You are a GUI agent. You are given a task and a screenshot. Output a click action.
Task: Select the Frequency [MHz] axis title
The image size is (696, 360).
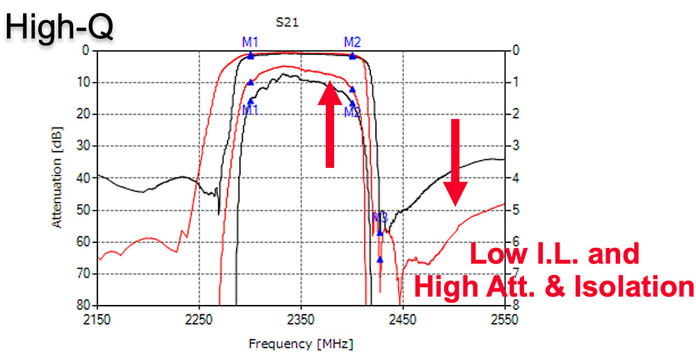pos(300,344)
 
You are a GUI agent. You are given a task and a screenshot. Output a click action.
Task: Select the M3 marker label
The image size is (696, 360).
pos(379,217)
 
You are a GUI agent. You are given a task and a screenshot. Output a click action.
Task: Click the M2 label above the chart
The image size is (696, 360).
pos(352,42)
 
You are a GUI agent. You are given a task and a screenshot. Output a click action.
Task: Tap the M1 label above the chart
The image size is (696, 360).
pos(251,42)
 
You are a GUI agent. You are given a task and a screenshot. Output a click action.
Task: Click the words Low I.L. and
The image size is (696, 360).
pos(555,254)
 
